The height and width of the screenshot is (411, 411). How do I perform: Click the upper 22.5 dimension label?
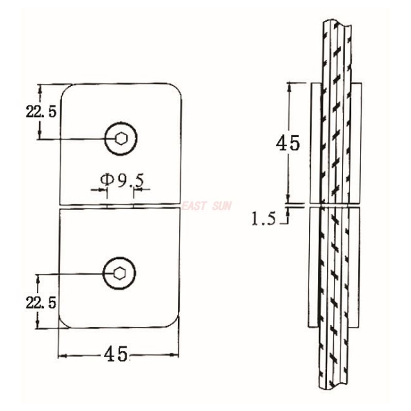(x=41, y=111)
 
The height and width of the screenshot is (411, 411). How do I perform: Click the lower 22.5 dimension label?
(x=41, y=302)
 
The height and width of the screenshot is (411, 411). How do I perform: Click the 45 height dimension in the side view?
(x=287, y=143)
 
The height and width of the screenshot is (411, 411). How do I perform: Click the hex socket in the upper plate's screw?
(x=121, y=138)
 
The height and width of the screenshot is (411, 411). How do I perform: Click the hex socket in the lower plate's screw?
(x=119, y=273)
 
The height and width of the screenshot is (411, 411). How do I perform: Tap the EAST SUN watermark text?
(x=207, y=206)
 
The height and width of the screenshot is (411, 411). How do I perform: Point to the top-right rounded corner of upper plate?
(x=176, y=89)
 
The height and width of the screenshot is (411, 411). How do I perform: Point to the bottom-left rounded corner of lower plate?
(x=65, y=322)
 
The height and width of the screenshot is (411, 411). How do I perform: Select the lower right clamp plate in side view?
(x=354, y=267)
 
